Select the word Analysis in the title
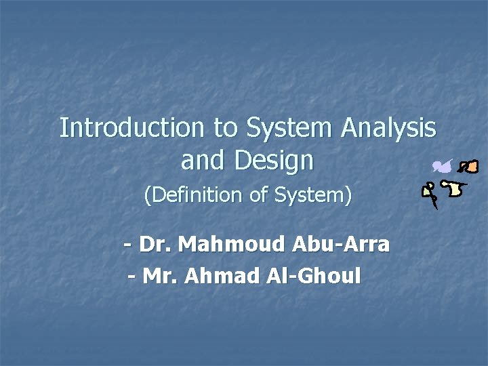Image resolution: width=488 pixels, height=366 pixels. click(388, 127)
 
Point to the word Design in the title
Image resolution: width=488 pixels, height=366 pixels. click(274, 161)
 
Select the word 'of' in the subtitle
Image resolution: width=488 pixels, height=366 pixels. click(258, 196)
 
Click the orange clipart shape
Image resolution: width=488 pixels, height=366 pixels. click(468, 166)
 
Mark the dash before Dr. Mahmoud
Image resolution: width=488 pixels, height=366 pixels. click(128, 244)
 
